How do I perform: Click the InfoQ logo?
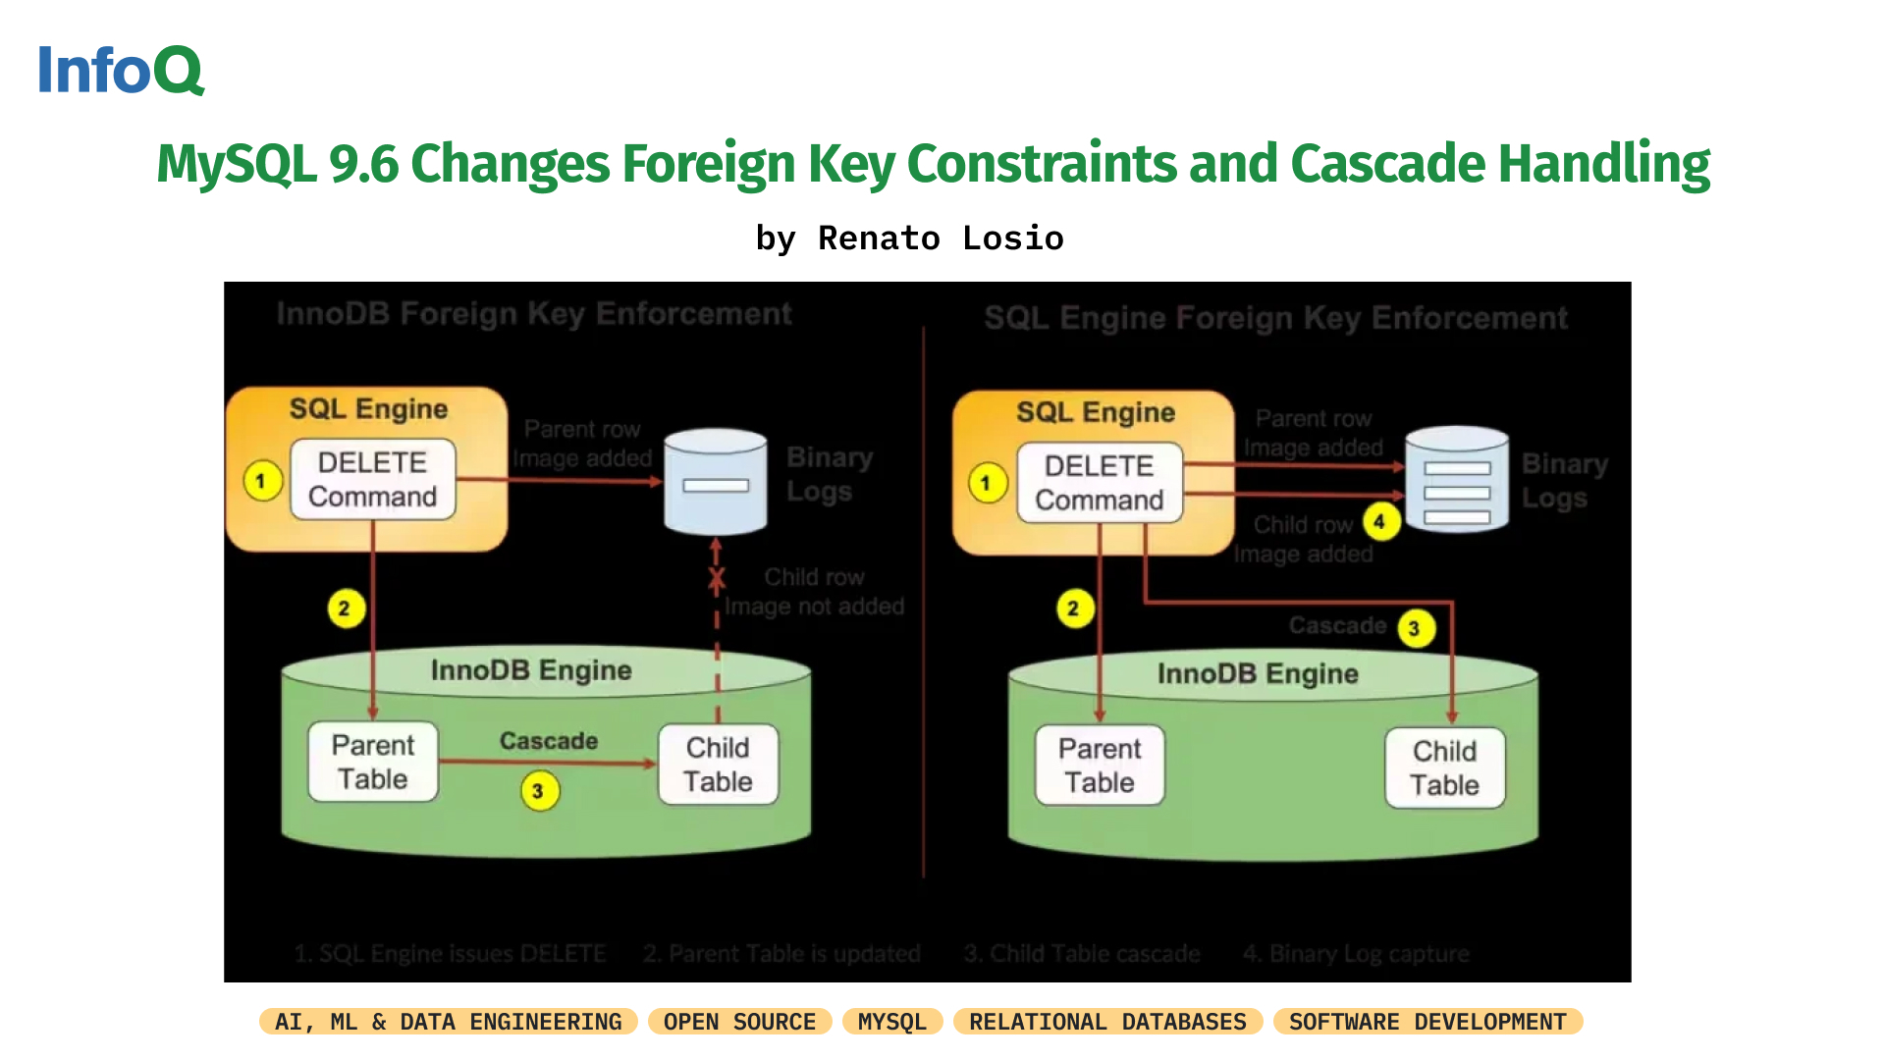click(x=120, y=70)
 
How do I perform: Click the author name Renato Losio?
click(x=940, y=238)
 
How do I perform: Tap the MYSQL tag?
click(x=891, y=1022)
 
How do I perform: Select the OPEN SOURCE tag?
click(x=739, y=1022)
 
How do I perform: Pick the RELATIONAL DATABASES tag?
click(x=1107, y=1022)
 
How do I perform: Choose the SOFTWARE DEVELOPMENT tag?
click(x=1427, y=1022)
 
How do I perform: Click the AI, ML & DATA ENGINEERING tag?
click(x=448, y=1022)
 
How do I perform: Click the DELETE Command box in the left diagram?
click(x=373, y=479)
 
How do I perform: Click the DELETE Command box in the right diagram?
click(x=1100, y=483)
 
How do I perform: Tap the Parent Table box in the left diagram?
click(x=373, y=763)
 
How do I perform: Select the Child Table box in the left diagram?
click(x=719, y=765)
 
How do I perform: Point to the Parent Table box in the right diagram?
click(x=1100, y=766)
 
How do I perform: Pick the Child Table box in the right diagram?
click(x=1445, y=768)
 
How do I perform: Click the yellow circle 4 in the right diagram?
click(x=1379, y=522)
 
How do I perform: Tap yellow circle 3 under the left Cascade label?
click(x=538, y=791)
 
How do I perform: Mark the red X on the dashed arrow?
click(x=717, y=579)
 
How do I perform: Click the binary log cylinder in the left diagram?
click(x=716, y=481)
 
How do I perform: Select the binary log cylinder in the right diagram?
click(x=1457, y=479)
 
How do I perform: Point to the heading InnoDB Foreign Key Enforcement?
click(x=533, y=314)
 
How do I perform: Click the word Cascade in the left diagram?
click(x=549, y=741)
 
